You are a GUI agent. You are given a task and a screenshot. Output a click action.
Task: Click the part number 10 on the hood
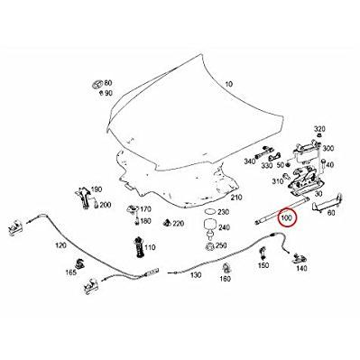(x=229, y=84)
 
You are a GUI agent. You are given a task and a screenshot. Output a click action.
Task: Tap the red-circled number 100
(x=286, y=218)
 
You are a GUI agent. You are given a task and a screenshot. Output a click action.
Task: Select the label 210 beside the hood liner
(x=236, y=198)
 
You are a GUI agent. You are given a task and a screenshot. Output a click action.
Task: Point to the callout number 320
(x=319, y=129)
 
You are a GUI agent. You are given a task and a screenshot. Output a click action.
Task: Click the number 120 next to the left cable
(x=60, y=245)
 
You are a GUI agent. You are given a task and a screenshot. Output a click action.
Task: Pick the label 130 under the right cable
(x=196, y=274)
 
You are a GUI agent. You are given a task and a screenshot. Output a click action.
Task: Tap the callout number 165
(x=71, y=272)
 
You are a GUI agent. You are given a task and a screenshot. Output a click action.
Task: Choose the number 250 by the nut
(x=221, y=245)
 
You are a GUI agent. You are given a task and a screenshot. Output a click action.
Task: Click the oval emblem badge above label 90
(x=97, y=84)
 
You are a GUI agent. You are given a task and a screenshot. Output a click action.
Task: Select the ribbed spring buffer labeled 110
(x=139, y=247)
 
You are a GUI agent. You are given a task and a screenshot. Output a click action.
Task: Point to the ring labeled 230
(x=209, y=211)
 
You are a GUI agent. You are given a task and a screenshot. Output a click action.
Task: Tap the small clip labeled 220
(x=166, y=223)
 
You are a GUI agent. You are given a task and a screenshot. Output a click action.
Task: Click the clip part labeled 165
(x=80, y=263)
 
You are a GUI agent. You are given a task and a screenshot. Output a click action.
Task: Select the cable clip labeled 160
(x=225, y=267)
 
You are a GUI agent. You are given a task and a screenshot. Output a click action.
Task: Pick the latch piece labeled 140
(x=299, y=257)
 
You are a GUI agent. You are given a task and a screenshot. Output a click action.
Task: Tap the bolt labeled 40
(x=323, y=167)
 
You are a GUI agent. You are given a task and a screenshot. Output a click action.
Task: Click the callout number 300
(x=328, y=148)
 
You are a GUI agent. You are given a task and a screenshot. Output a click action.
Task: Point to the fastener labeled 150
(x=263, y=254)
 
